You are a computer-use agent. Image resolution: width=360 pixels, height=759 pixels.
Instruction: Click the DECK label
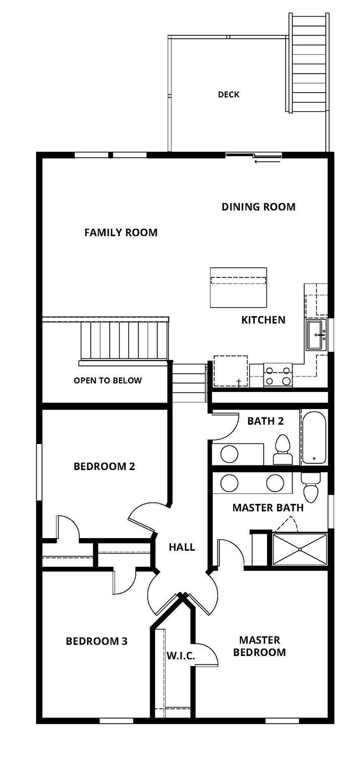(x=229, y=94)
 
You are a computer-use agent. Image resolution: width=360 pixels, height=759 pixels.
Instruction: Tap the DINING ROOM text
(x=258, y=206)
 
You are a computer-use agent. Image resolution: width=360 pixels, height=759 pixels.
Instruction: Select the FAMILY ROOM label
(x=121, y=233)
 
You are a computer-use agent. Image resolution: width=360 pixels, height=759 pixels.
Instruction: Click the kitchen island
(x=238, y=287)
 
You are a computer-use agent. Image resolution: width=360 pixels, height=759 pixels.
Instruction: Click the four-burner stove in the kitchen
(x=278, y=375)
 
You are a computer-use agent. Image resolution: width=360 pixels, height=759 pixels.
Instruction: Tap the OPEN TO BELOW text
(x=108, y=380)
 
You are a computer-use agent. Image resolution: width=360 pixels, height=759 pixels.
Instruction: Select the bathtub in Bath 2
(x=314, y=437)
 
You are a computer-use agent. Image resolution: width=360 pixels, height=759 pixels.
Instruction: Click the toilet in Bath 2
(x=282, y=450)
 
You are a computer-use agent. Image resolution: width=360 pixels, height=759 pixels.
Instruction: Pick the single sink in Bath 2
(x=229, y=454)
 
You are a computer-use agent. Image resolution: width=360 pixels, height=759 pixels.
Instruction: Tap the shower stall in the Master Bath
(x=300, y=549)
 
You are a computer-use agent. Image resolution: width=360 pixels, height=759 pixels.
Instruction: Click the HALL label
(x=182, y=547)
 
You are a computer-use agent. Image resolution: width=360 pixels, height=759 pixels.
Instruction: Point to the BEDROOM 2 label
(x=105, y=467)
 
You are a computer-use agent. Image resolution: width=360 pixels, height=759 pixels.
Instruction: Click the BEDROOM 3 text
(x=96, y=641)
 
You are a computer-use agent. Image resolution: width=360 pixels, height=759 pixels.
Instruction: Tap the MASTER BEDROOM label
(x=259, y=646)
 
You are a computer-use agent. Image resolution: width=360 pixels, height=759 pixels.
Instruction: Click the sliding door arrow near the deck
(x=268, y=161)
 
